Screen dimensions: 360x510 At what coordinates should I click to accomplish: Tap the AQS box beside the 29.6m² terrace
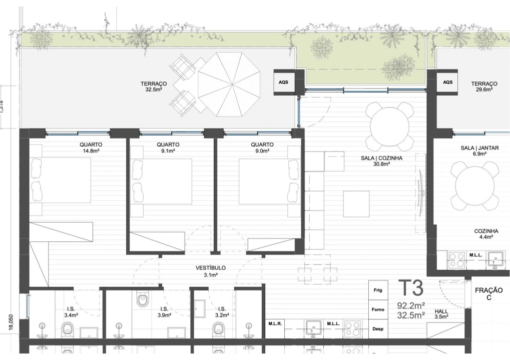coord(448,82)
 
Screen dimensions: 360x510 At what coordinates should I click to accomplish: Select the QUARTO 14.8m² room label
coord(92,147)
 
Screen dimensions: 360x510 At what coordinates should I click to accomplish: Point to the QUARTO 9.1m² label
coord(171,147)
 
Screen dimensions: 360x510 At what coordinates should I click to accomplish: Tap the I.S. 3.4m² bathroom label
coord(70,312)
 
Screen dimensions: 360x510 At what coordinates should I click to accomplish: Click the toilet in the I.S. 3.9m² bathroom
coord(143,300)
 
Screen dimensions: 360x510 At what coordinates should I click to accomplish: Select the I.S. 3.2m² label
coord(222,312)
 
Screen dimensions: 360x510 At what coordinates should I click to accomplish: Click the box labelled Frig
coord(378,290)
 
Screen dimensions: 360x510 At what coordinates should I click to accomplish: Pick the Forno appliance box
coord(378,309)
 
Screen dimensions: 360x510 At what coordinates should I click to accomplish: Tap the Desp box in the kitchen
coord(378,329)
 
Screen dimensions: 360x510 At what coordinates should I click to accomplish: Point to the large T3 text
coord(411,288)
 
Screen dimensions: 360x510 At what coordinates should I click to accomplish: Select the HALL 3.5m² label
coord(441,313)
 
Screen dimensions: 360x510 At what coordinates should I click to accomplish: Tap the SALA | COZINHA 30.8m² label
coord(381,160)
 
